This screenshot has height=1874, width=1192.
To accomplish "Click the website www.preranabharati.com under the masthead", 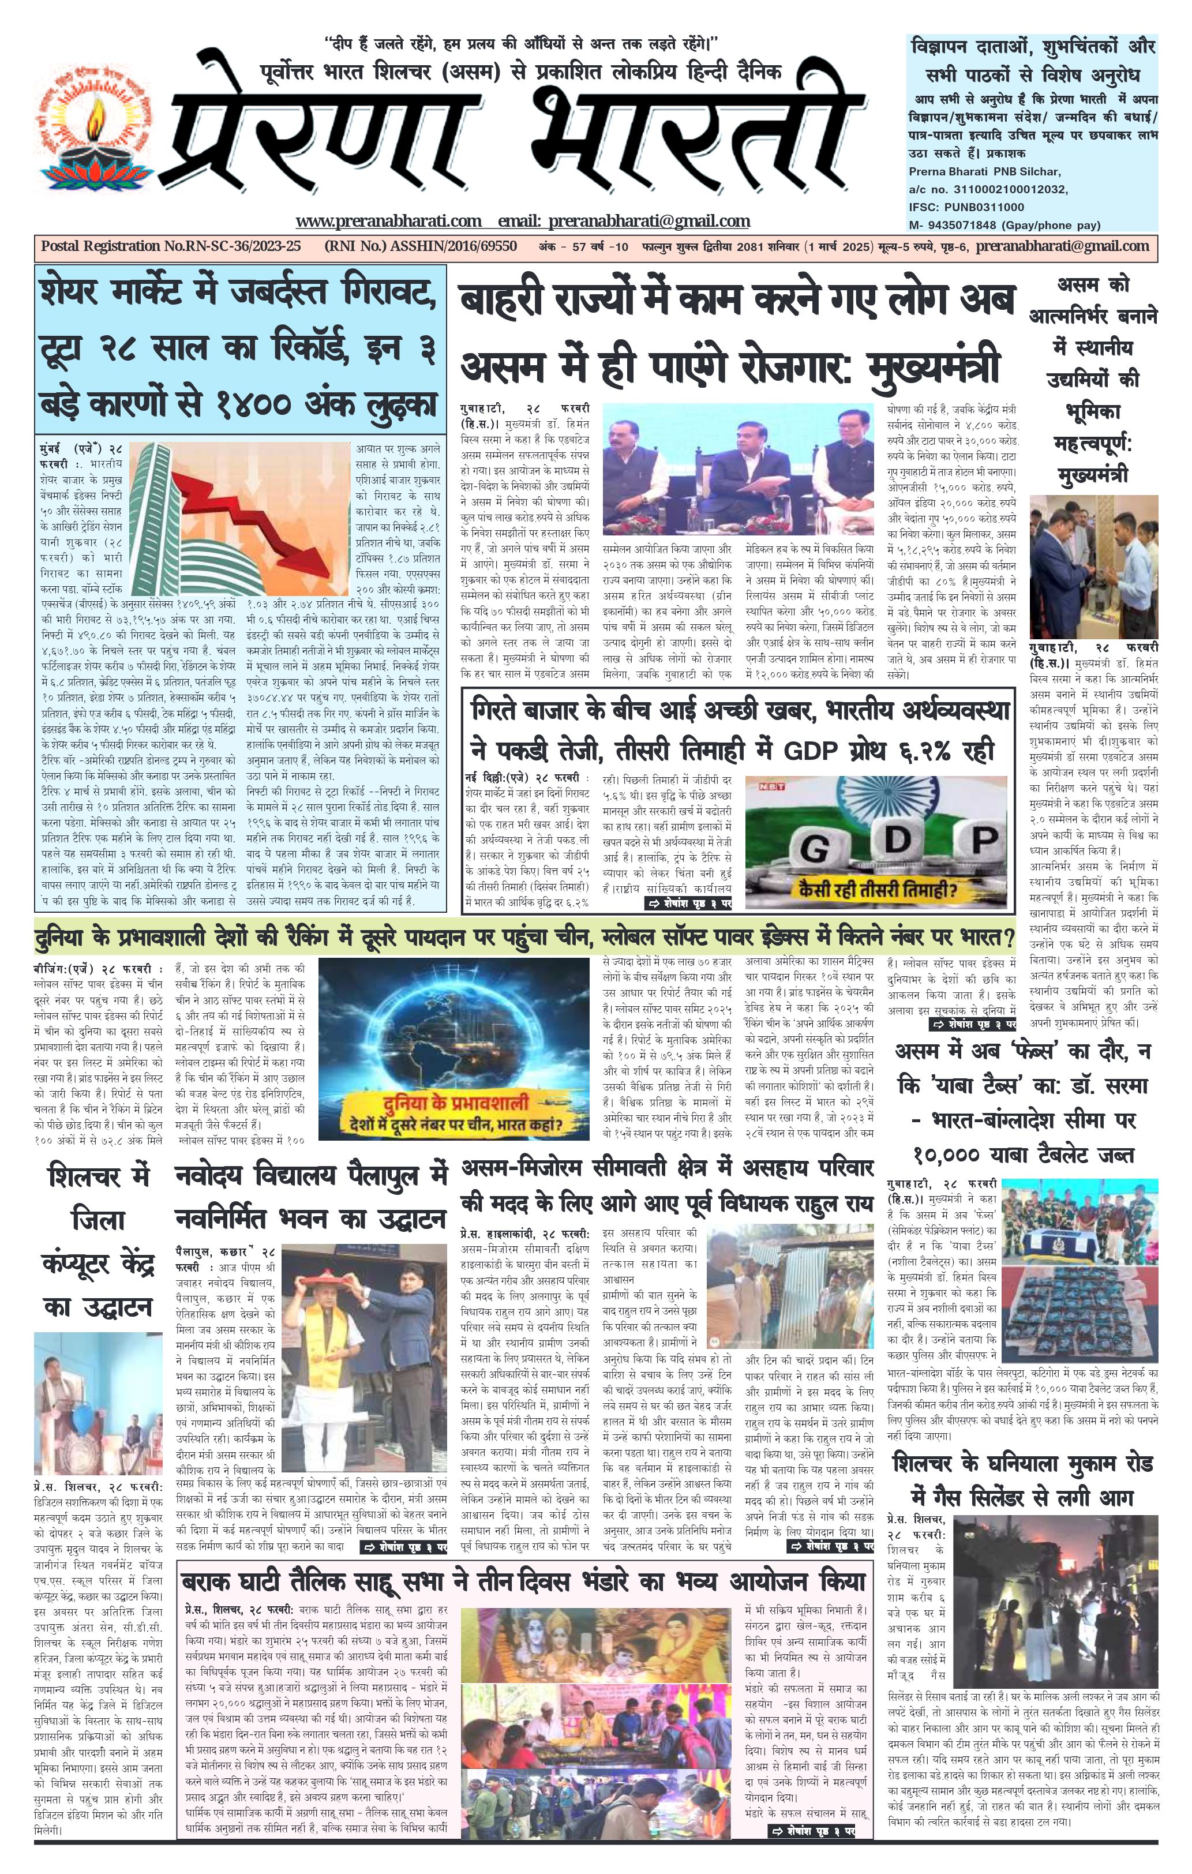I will tap(388, 221).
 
